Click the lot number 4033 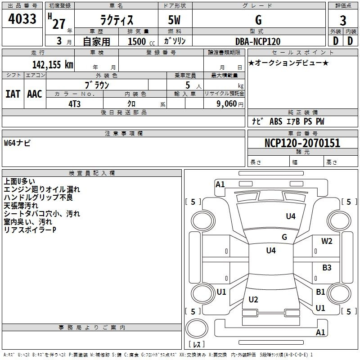pyautogui.click(x=22, y=18)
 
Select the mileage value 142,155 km pyautogui.click(x=53, y=64)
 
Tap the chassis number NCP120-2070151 pyautogui.click(x=302, y=143)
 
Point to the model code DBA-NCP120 pyautogui.click(x=258, y=41)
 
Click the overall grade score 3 pyautogui.click(x=343, y=20)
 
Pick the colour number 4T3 pyautogui.click(x=74, y=104)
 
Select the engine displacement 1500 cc pyautogui.click(x=141, y=41)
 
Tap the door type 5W pyautogui.click(x=174, y=20)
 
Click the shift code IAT pyautogui.click(x=13, y=94)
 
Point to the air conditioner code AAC pyautogui.click(x=35, y=94)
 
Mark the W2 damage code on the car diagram pyautogui.click(x=327, y=241)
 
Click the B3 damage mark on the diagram pyautogui.click(x=327, y=267)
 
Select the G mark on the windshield pyautogui.click(x=284, y=237)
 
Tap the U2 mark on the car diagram pyautogui.click(x=253, y=299)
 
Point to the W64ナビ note pyautogui.click(x=17, y=143)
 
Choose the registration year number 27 pyautogui.click(x=59, y=24)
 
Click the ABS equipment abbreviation pyautogui.click(x=276, y=121)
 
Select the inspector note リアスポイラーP pyautogui.click(x=30, y=230)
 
